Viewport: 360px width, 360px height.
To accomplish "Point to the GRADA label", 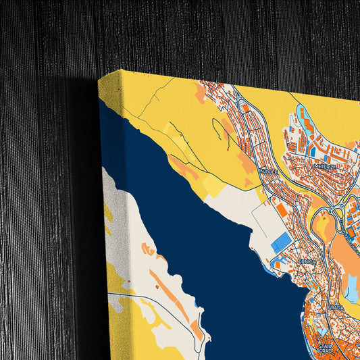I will [x=336, y=307].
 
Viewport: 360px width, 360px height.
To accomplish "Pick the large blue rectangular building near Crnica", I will [x=282, y=243].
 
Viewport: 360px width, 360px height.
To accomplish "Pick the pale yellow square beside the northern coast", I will [x=211, y=186].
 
